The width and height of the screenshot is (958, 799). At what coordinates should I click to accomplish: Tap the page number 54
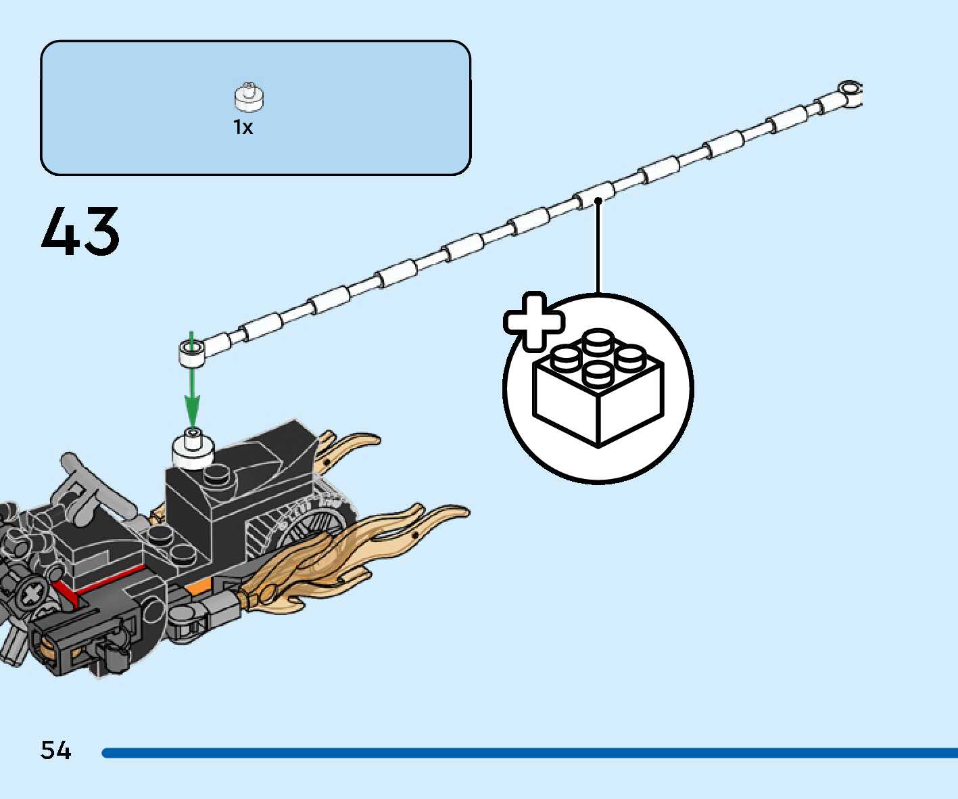[55, 750]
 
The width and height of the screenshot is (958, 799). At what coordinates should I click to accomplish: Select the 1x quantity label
[243, 127]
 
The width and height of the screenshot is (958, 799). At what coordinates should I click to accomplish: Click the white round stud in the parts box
[249, 97]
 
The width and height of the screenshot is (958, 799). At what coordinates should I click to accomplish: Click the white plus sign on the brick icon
[533, 321]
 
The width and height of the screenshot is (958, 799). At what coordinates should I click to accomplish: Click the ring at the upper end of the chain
[849, 90]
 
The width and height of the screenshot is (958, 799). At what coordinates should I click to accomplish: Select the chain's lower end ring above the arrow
[191, 352]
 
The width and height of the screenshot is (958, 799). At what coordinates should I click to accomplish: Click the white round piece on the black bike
[193, 448]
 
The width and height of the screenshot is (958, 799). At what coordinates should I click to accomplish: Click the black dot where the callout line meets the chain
[598, 200]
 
